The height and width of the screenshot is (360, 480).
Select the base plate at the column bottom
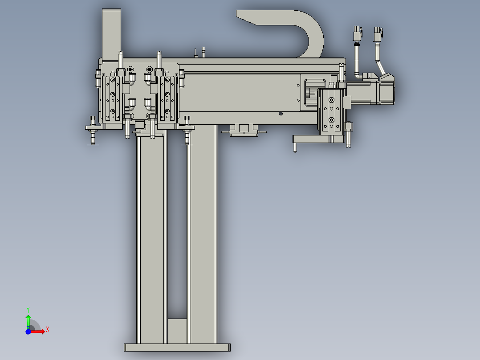coord(177,348)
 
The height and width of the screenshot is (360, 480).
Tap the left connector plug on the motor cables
coord(357,34)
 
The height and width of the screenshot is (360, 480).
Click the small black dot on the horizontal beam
coord(281,113)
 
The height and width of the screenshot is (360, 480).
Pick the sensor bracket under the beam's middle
coord(243,131)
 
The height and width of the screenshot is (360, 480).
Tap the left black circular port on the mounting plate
coord(130,70)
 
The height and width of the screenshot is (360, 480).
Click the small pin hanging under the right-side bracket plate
coord(294,147)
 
